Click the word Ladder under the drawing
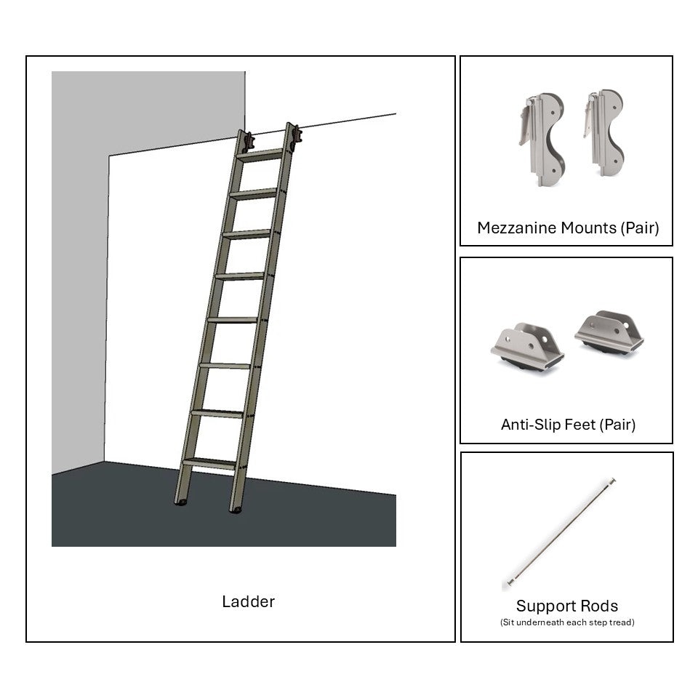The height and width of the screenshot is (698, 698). (248, 602)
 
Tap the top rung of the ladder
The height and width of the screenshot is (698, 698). (260, 155)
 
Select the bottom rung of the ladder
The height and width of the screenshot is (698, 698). (209, 462)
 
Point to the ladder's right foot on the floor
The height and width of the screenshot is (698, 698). (236, 509)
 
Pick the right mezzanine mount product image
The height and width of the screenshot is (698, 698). (604, 134)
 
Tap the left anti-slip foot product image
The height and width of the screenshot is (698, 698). (527, 348)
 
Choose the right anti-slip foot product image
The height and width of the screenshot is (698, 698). (609, 333)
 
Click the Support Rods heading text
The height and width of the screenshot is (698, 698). (567, 606)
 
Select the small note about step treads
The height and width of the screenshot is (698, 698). (567, 622)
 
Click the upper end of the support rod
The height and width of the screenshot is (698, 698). (612, 481)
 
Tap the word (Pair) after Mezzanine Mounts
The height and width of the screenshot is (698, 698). (640, 228)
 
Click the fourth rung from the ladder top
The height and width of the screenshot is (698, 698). (240, 276)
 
